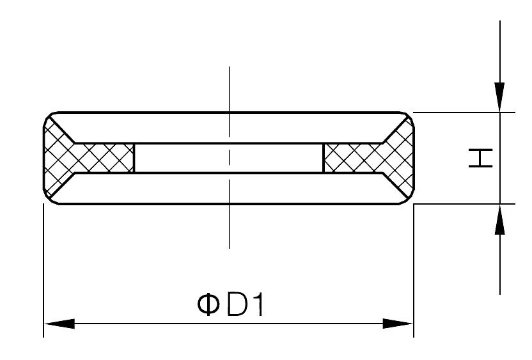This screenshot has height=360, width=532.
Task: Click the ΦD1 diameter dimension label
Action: [231, 305]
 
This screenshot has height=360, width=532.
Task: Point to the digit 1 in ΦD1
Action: [257, 305]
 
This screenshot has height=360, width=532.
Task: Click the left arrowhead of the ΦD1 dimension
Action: [58, 324]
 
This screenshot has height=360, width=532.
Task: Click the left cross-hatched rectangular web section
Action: [102, 158]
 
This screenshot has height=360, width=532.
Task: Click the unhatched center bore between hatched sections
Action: [228, 158]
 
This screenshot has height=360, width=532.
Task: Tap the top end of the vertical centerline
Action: [229, 67]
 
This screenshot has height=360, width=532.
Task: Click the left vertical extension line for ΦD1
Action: [43, 269]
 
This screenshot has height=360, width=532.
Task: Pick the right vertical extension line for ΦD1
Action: [414, 269]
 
